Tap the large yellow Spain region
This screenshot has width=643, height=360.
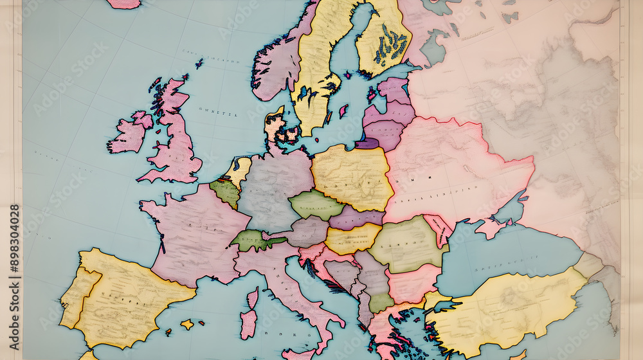coord(129,296)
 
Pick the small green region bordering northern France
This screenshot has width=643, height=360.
coord(225,191)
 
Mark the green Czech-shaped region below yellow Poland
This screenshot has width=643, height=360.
coord(315,204)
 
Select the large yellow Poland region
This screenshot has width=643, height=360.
coord(352,177)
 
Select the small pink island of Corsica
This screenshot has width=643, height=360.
coord(252,298)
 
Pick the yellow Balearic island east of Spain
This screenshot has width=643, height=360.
coord(186,324)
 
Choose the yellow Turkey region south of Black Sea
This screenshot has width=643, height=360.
coord(508,309)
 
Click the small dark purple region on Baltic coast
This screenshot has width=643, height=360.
coord(367,143)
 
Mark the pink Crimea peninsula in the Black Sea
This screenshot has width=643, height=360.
coord(491,228)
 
